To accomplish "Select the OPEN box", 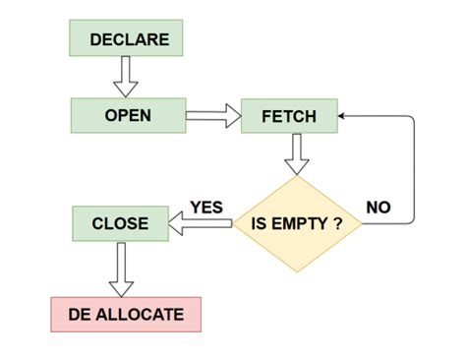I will [x=128, y=116].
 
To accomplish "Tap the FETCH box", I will [x=289, y=117].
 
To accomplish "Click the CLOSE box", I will [x=120, y=223].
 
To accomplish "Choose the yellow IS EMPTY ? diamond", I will [x=297, y=224].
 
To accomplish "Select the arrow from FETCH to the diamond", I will [x=296, y=154].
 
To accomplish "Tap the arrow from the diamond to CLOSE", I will [x=202, y=225].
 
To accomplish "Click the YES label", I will [x=206, y=208].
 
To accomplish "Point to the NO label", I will [x=379, y=208].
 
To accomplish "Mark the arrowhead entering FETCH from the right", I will [x=343, y=116].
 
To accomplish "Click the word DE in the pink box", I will [x=80, y=316].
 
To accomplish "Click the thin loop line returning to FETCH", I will [x=414, y=167].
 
